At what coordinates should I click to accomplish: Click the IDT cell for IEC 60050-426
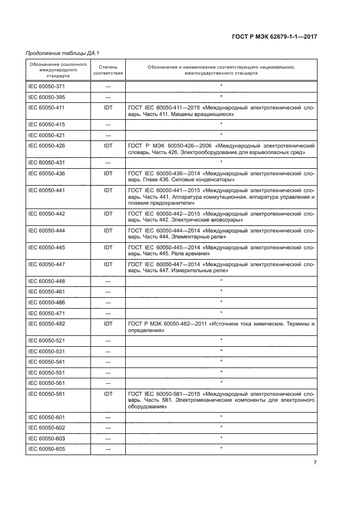click(108, 146)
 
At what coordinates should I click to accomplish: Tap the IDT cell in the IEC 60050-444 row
click(108, 231)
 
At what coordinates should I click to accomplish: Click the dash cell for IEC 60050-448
click(108, 281)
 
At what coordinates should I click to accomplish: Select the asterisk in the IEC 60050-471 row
click(221, 312)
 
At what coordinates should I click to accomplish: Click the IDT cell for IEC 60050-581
click(108, 393)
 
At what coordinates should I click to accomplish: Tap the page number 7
click(315, 463)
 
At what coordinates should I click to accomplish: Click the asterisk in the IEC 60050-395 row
click(221, 97)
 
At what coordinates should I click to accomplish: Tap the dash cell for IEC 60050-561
click(108, 383)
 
